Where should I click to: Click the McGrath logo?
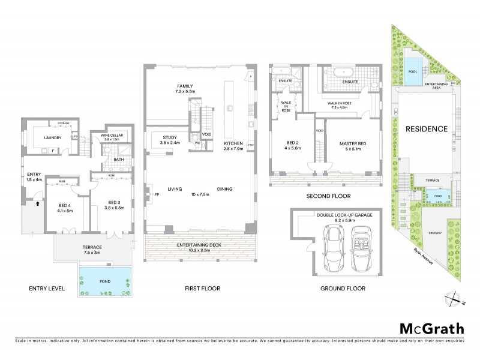[x=432, y=328]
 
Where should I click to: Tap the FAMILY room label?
[x=184, y=86]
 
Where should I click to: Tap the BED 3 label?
[x=116, y=202]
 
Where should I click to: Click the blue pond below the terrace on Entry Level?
[x=104, y=281]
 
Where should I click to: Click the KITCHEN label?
[x=233, y=144]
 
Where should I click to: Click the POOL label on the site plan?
[x=413, y=71]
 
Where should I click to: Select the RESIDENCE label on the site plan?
[x=427, y=128]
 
